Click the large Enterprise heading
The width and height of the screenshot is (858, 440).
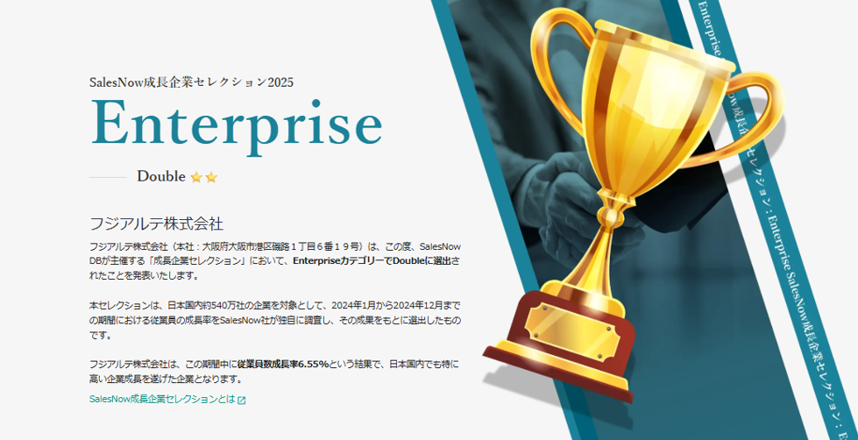tap(236, 123)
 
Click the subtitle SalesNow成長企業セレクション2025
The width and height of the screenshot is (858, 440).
tap(192, 82)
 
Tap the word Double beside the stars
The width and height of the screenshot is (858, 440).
tap(161, 176)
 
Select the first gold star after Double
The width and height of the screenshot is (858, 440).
tap(196, 177)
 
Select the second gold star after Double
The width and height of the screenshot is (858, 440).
tap(211, 177)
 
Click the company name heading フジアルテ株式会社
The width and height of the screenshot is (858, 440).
tap(156, 224)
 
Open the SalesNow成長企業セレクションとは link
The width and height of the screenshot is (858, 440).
tap(162, 399)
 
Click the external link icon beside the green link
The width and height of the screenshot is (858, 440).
tap(241, 400)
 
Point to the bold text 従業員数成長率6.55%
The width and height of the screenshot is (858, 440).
tap(283, 364)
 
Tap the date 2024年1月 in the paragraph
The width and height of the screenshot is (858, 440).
tap(353, 305)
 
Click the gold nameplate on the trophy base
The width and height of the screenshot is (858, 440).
tap(572, 331)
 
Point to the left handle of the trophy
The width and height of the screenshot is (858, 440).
tap(554, 66)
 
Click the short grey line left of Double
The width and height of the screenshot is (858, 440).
tap(108, 177)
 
